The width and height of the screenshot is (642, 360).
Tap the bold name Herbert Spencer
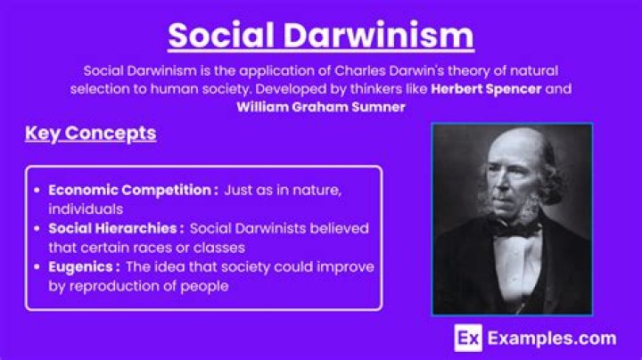pos(487,89)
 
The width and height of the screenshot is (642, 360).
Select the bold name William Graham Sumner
pos(320,108)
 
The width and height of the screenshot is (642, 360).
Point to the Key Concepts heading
pos(90,134)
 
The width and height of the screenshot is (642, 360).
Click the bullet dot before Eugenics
pos(37,267)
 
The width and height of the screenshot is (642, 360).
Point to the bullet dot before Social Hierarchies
pos(37,228)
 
